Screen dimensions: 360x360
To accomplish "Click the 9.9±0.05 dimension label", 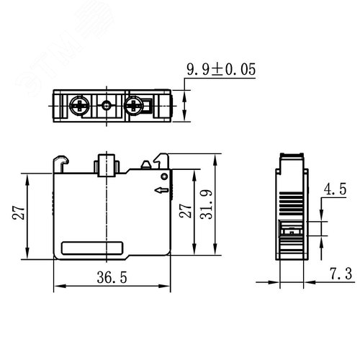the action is coord(221,70).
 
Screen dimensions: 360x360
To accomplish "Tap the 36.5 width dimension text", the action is coord(112,277).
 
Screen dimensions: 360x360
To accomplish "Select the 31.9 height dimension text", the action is coord(207,204).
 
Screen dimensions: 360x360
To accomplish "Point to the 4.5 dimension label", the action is coord(335,189).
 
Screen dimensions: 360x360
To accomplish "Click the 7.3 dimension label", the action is coord(341,274).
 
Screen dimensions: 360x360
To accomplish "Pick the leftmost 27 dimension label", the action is coord(18,213).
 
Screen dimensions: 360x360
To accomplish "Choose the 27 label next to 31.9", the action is coord(186,211).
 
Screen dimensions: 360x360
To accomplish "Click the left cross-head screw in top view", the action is coord(79,105).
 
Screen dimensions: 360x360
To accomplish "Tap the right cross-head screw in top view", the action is coord(134,105).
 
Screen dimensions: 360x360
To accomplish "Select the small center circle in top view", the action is coord(106,105).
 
